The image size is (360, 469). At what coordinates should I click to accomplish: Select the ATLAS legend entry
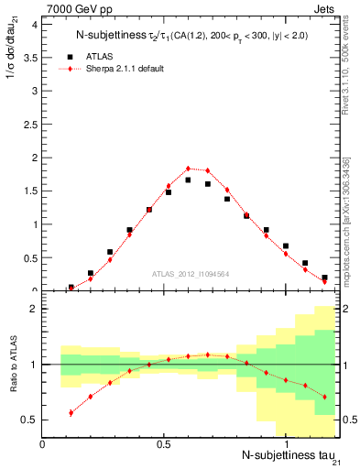pos(101,56)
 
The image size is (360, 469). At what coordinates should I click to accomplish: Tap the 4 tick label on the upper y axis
pos(32,24)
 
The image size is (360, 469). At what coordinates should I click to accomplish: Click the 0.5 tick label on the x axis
pos(164,444)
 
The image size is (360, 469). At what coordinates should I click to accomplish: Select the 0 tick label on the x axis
pos(43,444)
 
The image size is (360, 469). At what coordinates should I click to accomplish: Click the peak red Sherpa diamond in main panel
pos(188,169)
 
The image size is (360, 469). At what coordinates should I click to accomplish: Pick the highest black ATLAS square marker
pos(188,180)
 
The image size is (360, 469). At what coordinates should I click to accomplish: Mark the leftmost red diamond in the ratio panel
pos(71,413)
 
